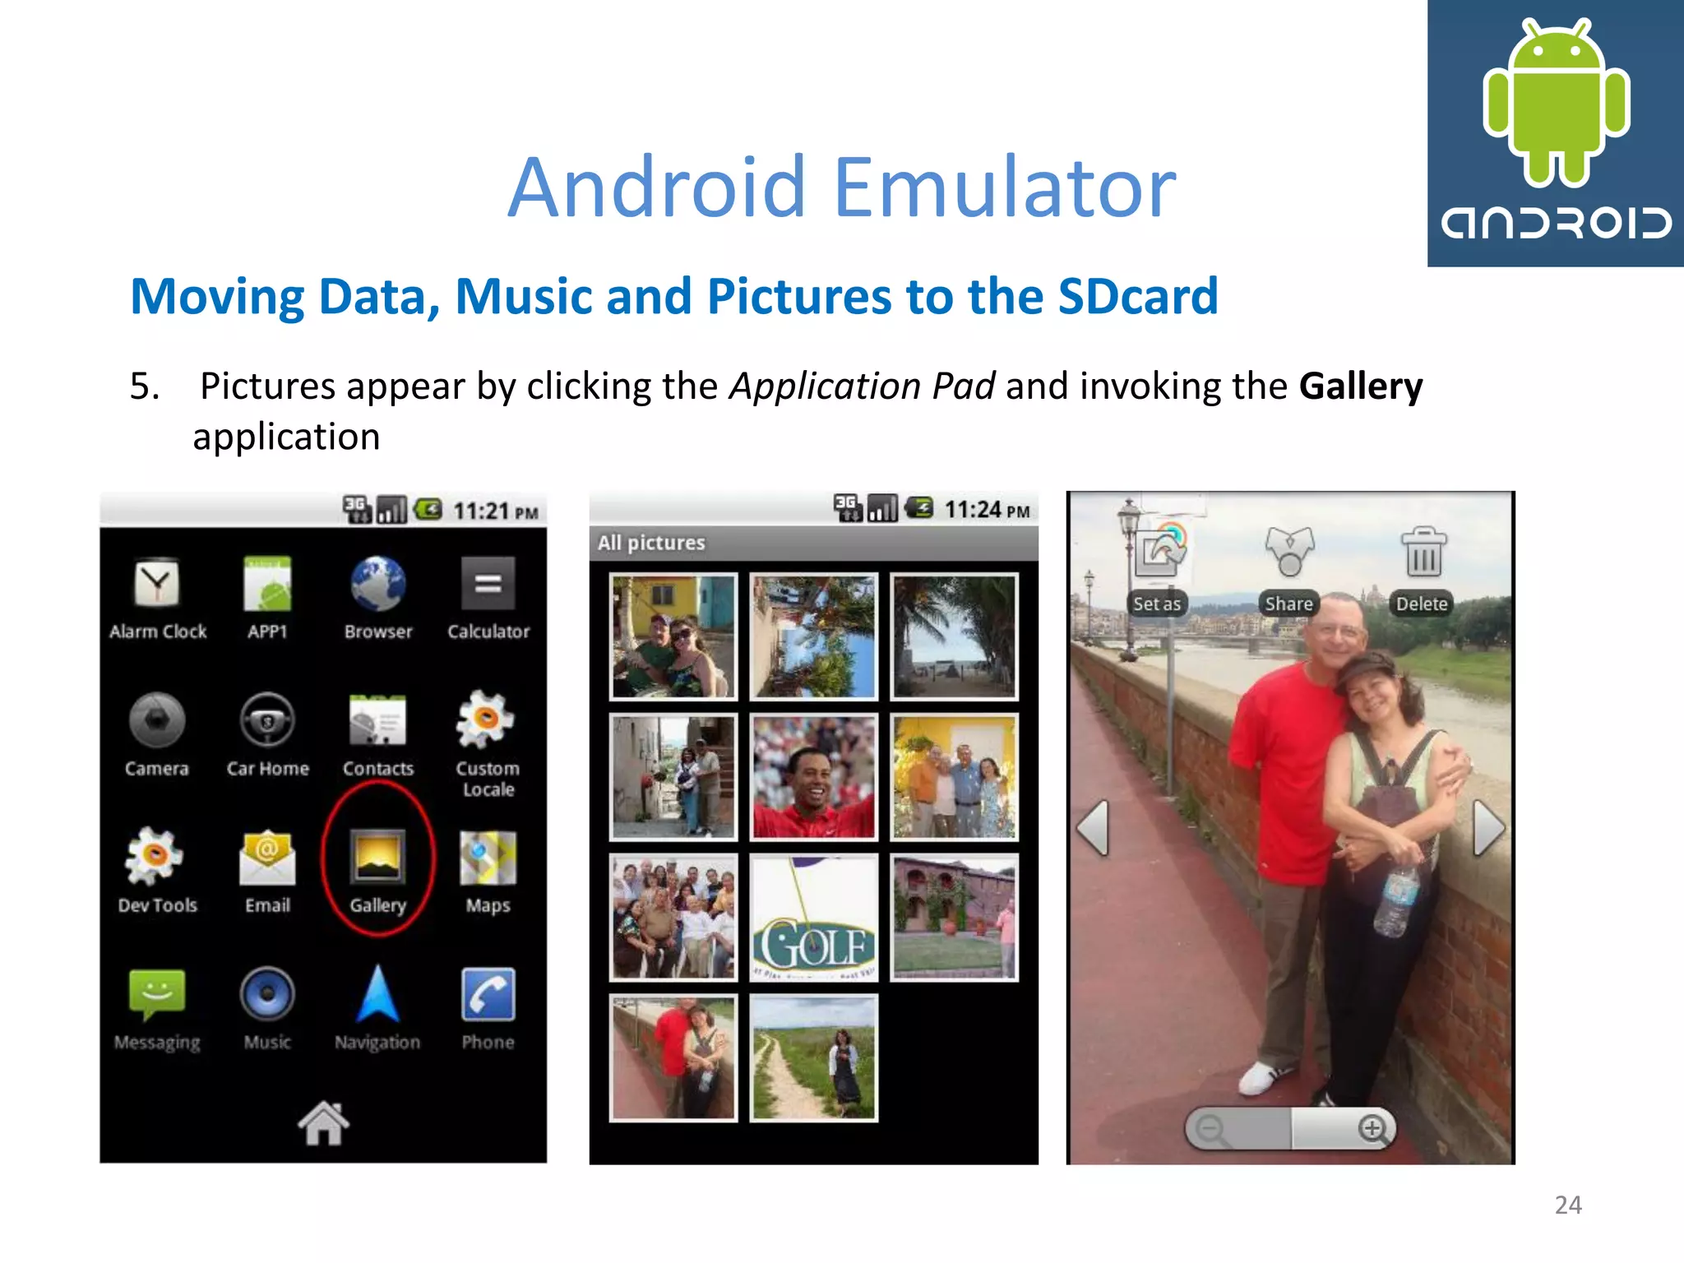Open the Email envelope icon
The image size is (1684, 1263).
[267, 858]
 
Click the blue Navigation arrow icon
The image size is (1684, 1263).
[377, 995]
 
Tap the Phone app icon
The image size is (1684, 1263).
[488, 995]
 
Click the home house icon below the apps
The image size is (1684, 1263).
[323, 1122]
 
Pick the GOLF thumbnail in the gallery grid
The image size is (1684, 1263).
[813, 918]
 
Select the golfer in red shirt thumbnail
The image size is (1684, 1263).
[813, 777]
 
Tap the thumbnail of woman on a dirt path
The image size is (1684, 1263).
[813, 1057]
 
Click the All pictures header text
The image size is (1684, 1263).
[651, 543]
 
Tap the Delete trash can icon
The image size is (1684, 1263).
[1423, 553]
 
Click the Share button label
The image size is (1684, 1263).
[1288, 604]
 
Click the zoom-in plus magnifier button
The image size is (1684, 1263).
[1372, 1128]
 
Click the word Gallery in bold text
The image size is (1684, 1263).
[1360, 386]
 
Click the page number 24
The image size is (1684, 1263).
[1568, 1205]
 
